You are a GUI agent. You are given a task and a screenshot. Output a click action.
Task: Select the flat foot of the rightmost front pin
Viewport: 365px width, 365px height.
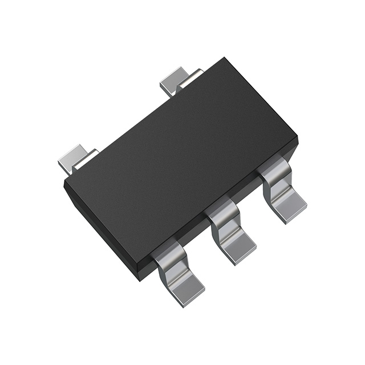[289, 206]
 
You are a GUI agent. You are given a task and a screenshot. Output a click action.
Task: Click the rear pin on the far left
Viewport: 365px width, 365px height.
[74, 157]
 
